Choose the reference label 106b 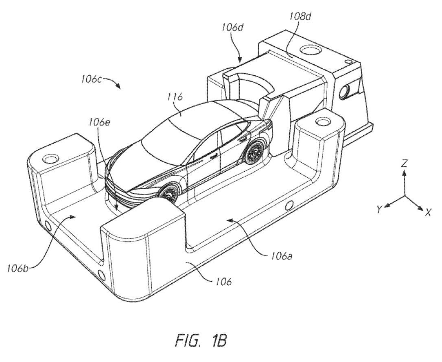coord(17,268)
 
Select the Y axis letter coord(379,209)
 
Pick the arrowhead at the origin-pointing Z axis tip coord(404,173)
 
